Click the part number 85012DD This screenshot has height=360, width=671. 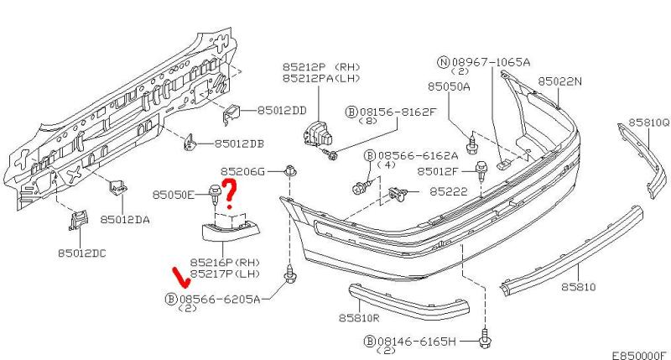(x=282, y=109)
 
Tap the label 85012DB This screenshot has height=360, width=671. (x=239, y=143)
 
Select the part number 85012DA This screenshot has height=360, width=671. (x=125, y=219)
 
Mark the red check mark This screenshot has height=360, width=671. (x=179, y=275)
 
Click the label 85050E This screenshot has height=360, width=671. (x=174, y=196)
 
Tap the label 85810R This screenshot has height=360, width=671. (x=361, y=318)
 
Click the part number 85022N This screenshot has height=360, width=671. (x=560, y=81)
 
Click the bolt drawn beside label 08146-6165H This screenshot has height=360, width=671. (x=484, y=341)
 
